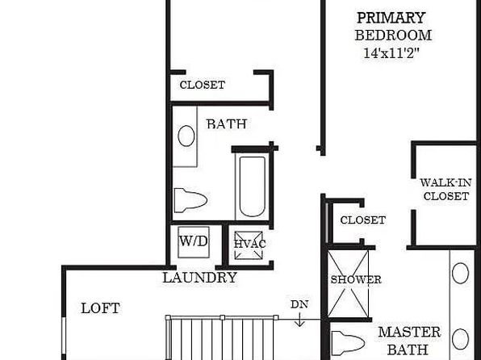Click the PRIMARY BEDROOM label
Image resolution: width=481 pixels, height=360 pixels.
393,27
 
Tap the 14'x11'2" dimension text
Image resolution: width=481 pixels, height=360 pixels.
391,53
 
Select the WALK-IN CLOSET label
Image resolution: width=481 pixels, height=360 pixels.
445,190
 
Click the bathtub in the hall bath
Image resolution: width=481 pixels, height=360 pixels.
252,186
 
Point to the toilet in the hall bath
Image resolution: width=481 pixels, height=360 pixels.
190,200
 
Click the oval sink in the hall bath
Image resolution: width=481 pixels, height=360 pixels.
186,136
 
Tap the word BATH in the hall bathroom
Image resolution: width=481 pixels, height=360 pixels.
227,124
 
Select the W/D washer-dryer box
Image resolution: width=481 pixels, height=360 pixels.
194,242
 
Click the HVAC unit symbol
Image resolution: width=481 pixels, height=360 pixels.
249,245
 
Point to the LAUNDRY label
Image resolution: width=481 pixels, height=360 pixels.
199,278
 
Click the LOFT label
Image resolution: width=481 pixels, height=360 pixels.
100,308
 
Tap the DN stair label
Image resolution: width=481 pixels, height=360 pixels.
299,304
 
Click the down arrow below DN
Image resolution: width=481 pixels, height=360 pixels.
299,319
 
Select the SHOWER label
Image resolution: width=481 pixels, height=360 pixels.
356,279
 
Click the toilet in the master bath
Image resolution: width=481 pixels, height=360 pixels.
348,343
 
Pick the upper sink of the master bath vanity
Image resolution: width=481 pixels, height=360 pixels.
461,273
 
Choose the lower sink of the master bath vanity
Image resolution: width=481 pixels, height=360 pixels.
461,339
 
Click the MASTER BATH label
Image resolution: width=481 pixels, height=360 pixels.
409,341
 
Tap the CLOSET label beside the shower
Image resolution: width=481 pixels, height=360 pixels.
363,220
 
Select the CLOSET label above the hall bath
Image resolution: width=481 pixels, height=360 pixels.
203,85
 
